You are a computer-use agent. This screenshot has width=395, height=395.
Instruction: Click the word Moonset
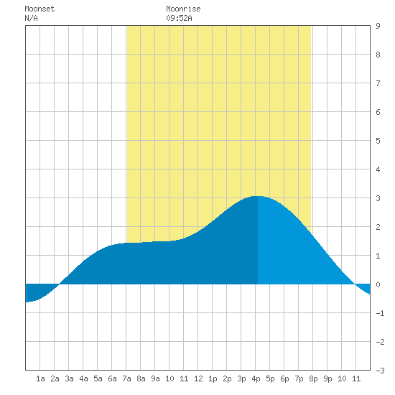(x=39, y=9)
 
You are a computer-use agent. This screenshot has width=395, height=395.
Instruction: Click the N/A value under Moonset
(x=31, y=18)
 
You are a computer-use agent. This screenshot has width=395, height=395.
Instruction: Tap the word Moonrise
(x=183, y=9)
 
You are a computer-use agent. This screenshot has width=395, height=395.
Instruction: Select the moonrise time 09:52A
(x=179, y=18)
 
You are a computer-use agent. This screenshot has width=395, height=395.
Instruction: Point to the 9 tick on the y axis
(x=378, y=26)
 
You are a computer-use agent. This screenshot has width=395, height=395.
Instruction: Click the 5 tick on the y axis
(x=378, y=141)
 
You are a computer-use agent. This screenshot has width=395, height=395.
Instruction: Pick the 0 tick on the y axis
(x=378, y=284)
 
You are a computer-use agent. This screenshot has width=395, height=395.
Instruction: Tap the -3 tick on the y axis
(x=380, y=371)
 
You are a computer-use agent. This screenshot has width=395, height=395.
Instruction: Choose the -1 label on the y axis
(x=380, y=313)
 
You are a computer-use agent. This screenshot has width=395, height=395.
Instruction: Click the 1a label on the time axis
(x=40, y=378)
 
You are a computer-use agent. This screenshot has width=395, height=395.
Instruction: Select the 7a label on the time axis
(x=126, y=378)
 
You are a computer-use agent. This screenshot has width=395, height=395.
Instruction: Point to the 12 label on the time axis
(x=198, y=378)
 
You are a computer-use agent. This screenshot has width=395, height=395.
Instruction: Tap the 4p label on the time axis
(x=256, y=378)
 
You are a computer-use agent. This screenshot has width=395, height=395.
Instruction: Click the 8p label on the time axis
(x=313, y=378)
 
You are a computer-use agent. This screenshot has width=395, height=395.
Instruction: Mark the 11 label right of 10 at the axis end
(x=356, y=378)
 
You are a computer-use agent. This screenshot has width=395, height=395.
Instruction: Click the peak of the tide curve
(x=257, y=196)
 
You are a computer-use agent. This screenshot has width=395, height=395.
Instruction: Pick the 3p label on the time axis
(x=241, y=378)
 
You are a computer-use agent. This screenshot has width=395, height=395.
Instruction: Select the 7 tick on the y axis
(x=378, y=83)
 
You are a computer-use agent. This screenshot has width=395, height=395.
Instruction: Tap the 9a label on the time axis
(x=155, y=378)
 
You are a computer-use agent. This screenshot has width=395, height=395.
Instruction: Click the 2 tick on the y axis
(x=378, y=227)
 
